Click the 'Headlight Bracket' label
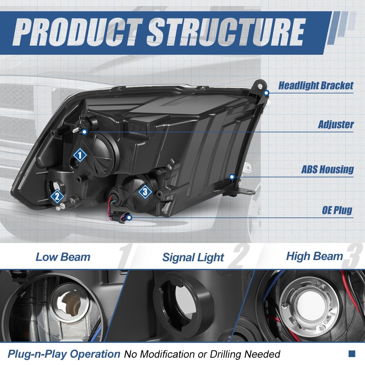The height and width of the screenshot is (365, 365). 316,86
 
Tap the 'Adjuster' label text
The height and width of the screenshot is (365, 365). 336,124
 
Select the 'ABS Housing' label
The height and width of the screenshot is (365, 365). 328,169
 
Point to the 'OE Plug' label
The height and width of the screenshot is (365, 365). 337,210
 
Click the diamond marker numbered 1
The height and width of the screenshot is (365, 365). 80,155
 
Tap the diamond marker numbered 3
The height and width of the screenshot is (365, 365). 145,192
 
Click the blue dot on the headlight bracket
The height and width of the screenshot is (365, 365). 266,92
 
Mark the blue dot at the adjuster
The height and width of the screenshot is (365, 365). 85,132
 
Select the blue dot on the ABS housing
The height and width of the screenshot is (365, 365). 232,177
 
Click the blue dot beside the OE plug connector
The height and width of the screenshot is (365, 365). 130,218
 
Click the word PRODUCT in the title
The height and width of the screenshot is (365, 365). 77,32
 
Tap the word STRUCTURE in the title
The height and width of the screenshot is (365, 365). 226,32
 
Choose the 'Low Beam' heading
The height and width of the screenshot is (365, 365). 63,257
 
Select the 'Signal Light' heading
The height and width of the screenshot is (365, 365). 193,258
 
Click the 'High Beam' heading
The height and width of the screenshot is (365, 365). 314,256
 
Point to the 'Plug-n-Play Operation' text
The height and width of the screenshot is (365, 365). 64,354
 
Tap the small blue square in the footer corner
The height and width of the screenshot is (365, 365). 352,353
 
